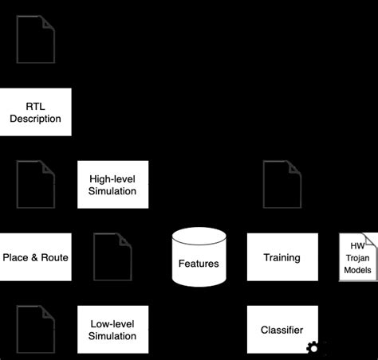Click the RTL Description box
click(36, 112)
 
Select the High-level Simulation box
click(112, 184)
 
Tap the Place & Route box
click(36, 256)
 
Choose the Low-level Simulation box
click(112, 329)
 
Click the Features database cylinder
click(199, 256)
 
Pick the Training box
click(282, 256)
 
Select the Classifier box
click(282, 329)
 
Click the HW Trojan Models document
click(357, 256)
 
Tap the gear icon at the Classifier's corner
click(313, 347)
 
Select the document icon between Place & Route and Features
click(112, 256)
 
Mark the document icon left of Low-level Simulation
click(36, 328)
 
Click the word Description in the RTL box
click(36, 119)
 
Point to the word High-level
click(112, 178)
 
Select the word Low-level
click(112, 323)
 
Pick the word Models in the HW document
click(357, 270)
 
